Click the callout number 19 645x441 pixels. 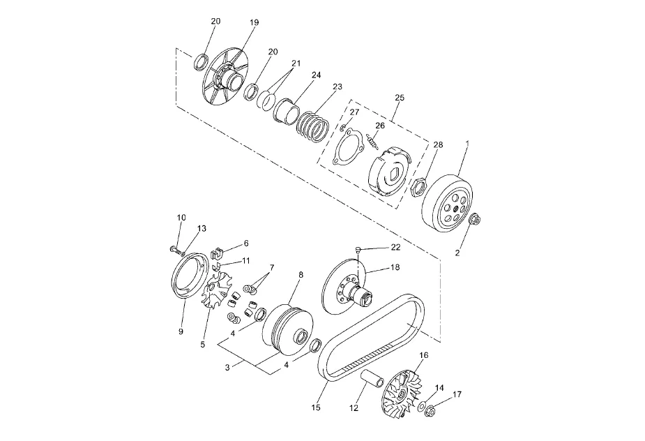tap(255, 22)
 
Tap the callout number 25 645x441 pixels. tap(400, 98)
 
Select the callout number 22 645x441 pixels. tap(395, 247)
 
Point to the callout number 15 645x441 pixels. tap(315, 408)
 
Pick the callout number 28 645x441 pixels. tap(438, 144)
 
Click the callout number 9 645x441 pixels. tap(181, 331)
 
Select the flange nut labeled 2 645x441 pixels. tap(475, 220)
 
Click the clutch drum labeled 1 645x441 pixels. tap(448, 204)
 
